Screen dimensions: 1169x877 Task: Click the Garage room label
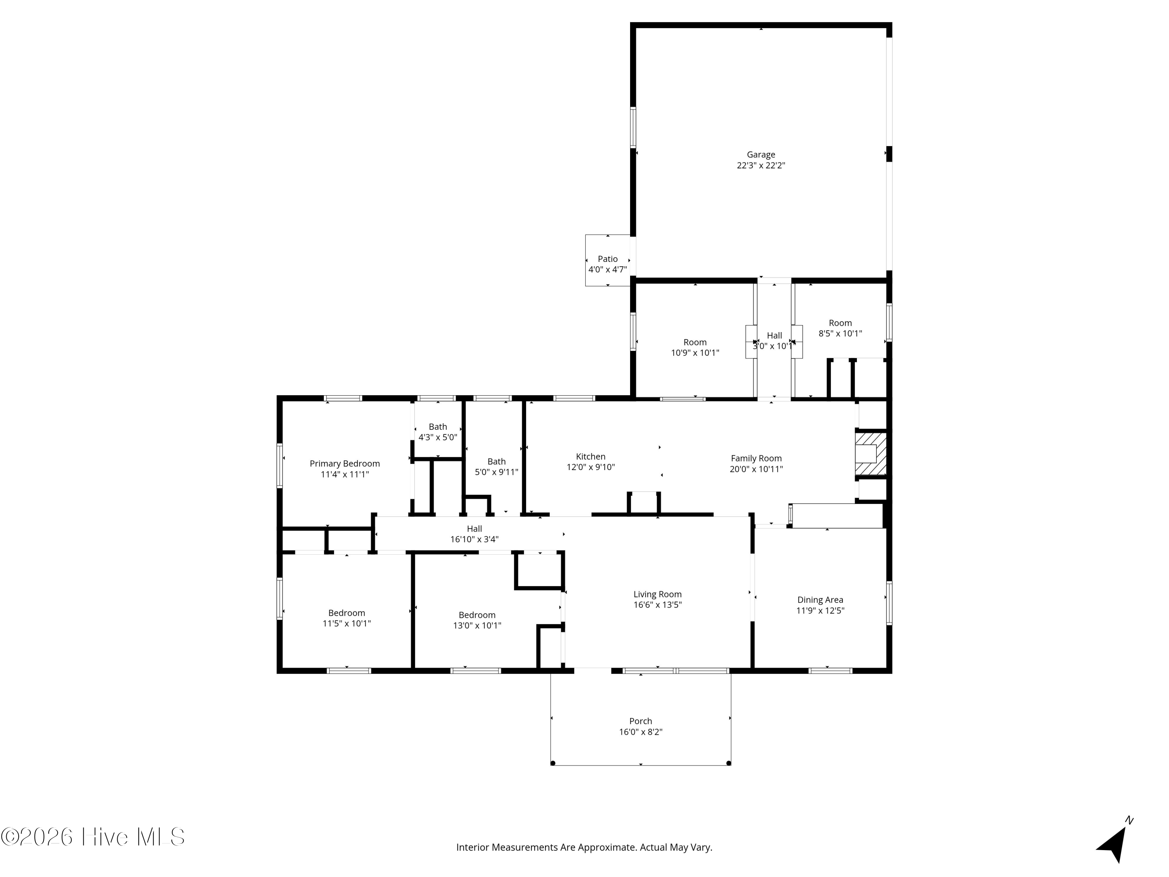(761, 154)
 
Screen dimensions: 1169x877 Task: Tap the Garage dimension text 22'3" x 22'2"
(761, 166)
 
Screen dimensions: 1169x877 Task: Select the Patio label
(608, 259)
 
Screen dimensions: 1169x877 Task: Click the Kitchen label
(591, 457)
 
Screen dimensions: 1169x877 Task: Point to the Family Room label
(756, 459)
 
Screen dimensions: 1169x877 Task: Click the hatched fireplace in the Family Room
(871, 454)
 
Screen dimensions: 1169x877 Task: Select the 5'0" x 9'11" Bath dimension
(497, 472)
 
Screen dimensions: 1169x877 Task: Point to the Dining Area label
(820, 600)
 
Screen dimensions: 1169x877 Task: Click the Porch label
(641, 721)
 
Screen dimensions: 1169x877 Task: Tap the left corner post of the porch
(553, 763)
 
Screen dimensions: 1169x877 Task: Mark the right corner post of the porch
(729, 763)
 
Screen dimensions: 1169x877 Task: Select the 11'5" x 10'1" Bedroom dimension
(347, 624)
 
